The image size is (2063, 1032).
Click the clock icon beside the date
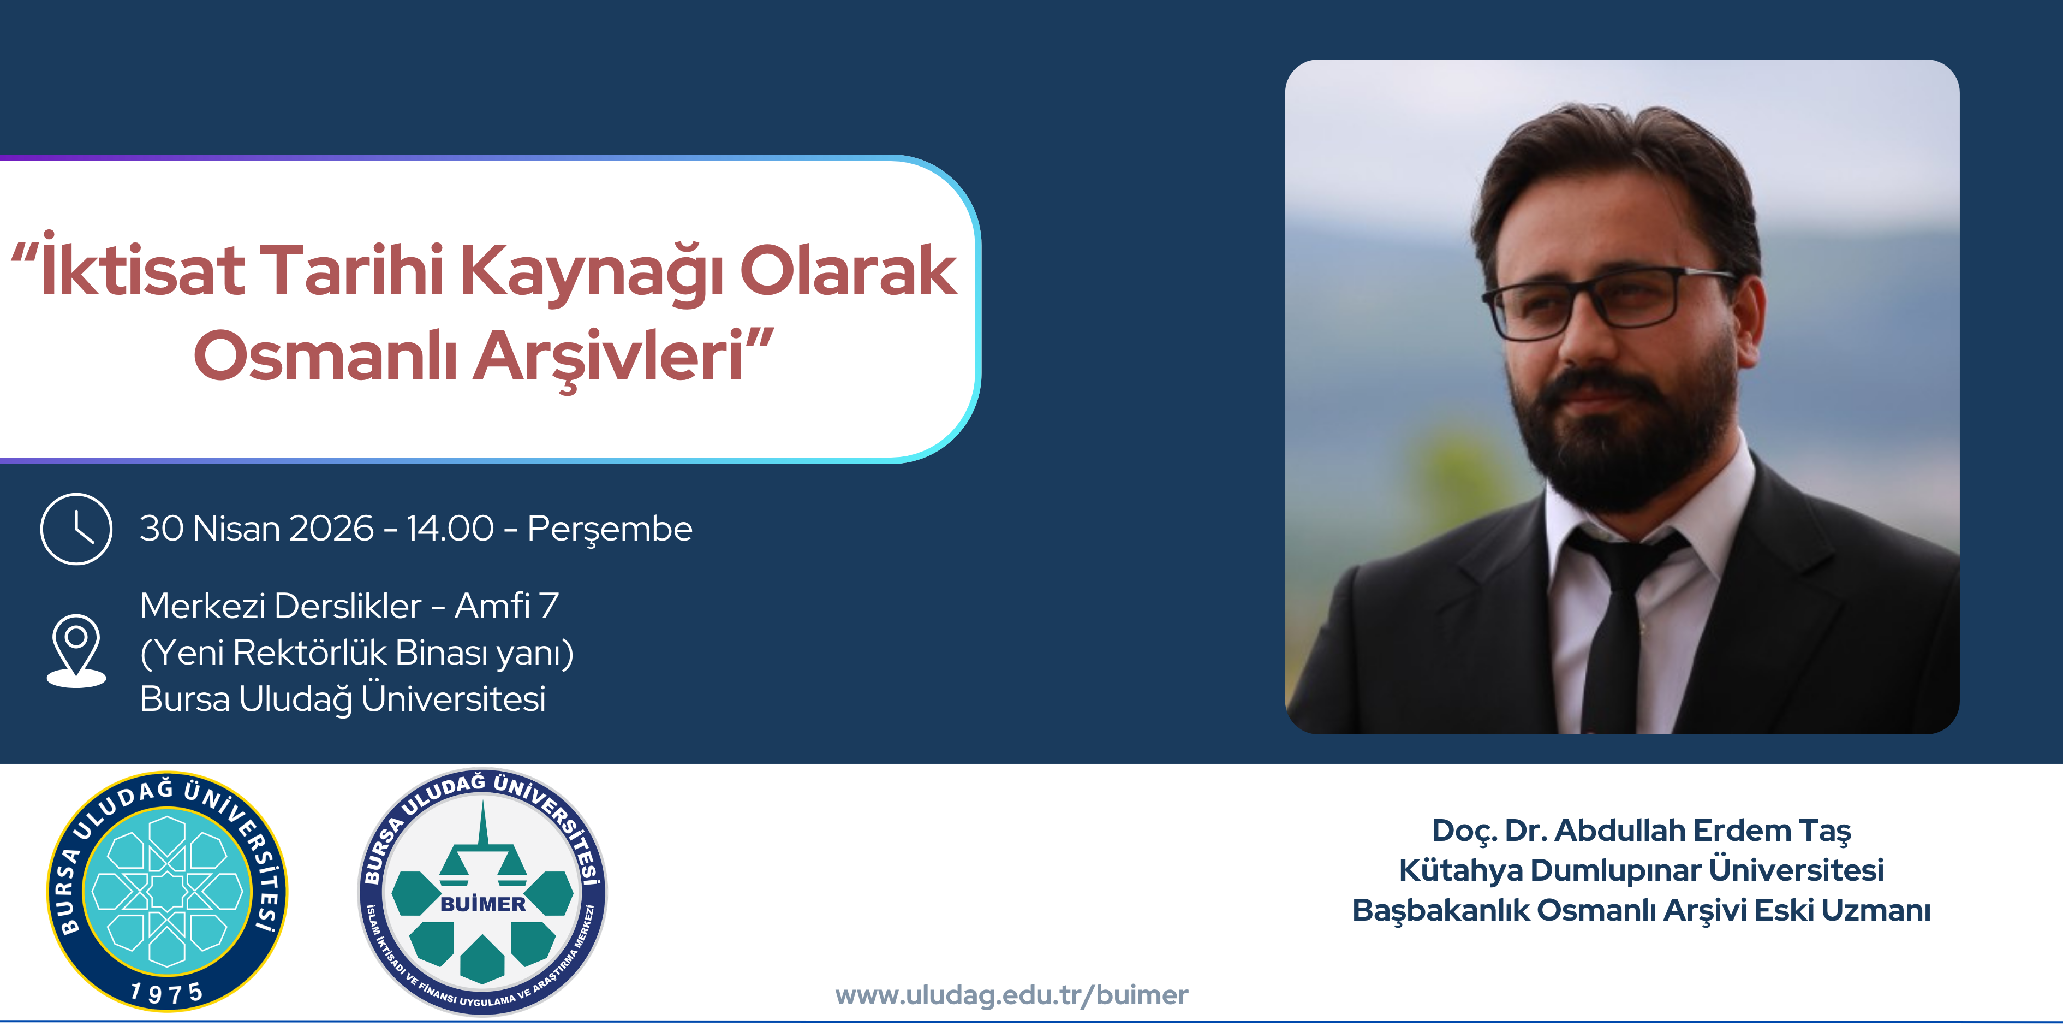click(x=76, y=529)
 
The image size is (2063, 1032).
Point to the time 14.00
click(x=450, y=529)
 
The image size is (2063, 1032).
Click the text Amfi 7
click(x=506, y=606)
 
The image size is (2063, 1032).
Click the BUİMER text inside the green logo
click(x=483, y=904)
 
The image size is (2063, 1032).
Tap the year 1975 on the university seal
click(x=166, y=993)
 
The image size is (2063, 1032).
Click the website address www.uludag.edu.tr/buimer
click(x=1011, y=994)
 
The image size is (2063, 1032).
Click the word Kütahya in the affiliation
click(x=1460, y=870)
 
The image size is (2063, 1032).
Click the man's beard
click(x=1618, y=449)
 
